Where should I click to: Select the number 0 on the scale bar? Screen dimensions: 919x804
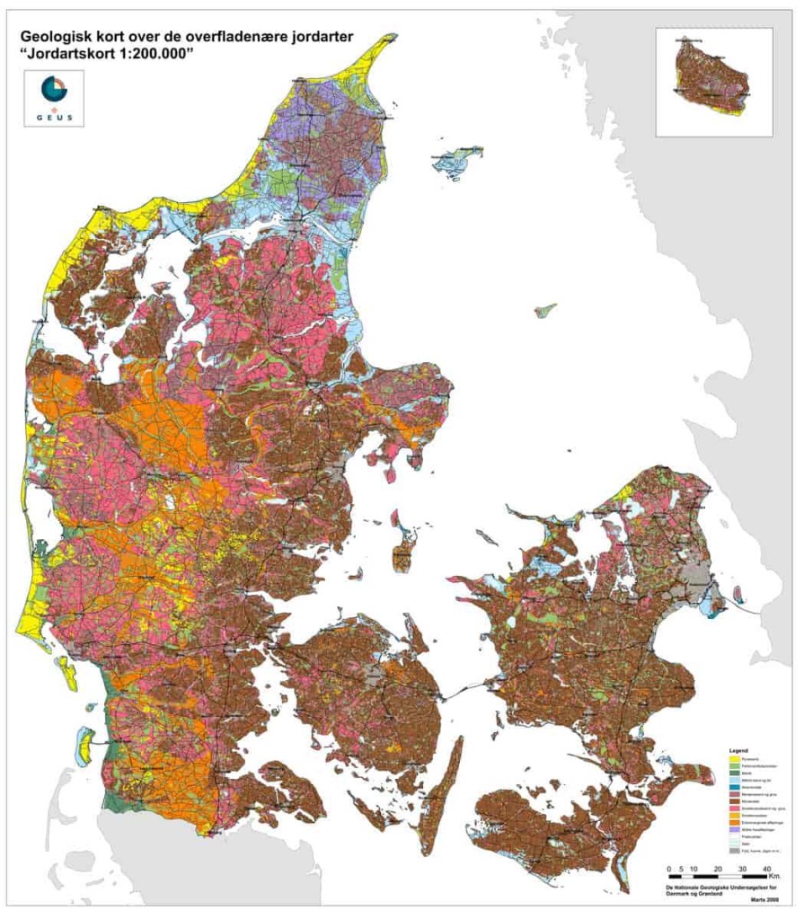tap(668, 868)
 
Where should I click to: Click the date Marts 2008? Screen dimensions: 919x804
tap(764, 900)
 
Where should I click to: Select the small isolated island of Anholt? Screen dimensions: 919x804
tap(544, 311)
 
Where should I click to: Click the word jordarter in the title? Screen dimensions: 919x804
tap(319, 37)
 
